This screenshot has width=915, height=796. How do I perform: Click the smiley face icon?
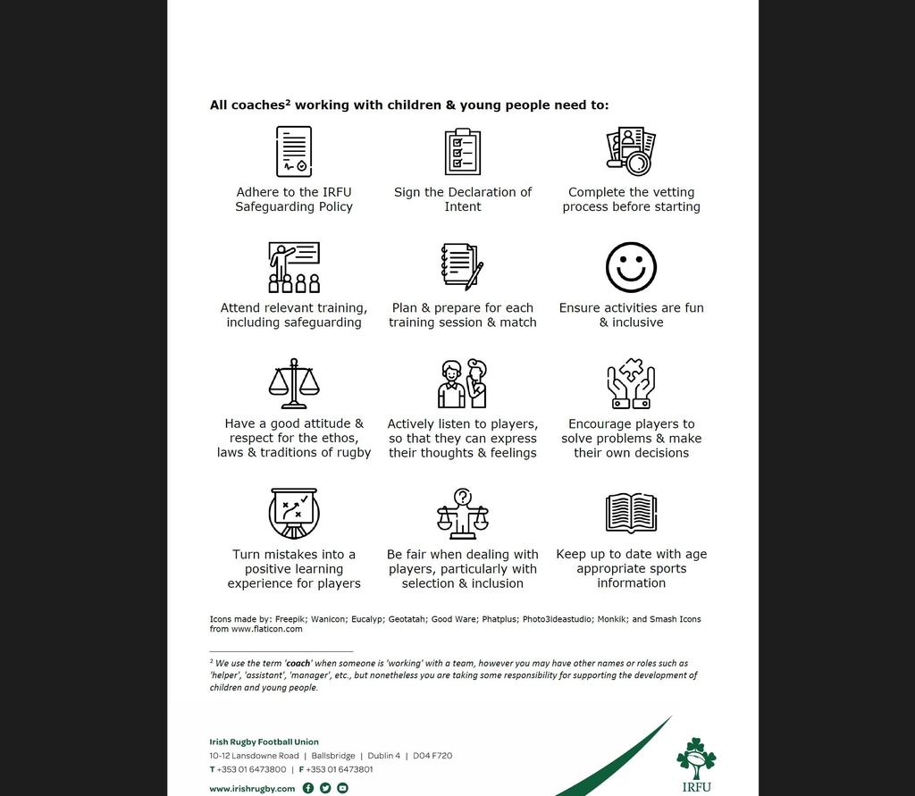click(631, 267)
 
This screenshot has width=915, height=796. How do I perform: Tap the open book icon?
click(631, 513)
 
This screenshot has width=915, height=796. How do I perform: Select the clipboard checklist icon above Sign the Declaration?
click(463, 152)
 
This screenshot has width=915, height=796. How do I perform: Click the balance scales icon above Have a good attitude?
click(294, 383)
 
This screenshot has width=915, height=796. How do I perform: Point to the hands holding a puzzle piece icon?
click(631, 384)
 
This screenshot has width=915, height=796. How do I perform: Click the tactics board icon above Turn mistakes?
click(294, 513)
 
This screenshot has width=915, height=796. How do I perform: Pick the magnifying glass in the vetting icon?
click(638, 163)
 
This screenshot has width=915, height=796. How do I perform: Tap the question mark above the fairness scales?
click(463, 497)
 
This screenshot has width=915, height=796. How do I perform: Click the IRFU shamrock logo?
click(696, 759)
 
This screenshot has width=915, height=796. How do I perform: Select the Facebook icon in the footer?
click(308, 788)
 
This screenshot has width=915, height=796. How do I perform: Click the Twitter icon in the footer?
click(325, 788)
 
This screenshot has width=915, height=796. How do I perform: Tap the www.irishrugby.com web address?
click(252, 789)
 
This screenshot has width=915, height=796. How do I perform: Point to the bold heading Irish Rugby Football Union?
click(264, 742)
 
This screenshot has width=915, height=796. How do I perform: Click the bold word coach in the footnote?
click(298, 664)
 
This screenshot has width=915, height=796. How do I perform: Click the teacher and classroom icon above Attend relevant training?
click(294, 267)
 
